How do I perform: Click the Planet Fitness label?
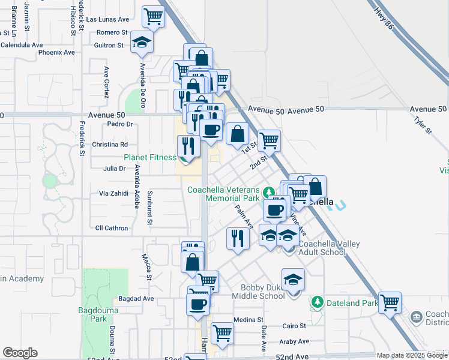pos(150,158)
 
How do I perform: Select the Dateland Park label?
pos(352,303)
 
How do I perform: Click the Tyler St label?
pos(423,125)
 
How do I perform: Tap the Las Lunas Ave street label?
pos(108,19)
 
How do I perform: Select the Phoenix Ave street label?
pos(56,52)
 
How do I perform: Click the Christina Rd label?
pos(110,145)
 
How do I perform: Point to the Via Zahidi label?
pos(113,194)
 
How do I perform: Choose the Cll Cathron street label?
pos(112,228)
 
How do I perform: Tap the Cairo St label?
pos(294,326)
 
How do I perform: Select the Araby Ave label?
pos(294,341)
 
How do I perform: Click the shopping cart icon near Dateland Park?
pos(390,302)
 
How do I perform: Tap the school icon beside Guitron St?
pos(142,41)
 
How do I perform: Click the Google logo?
pos(20,353)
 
